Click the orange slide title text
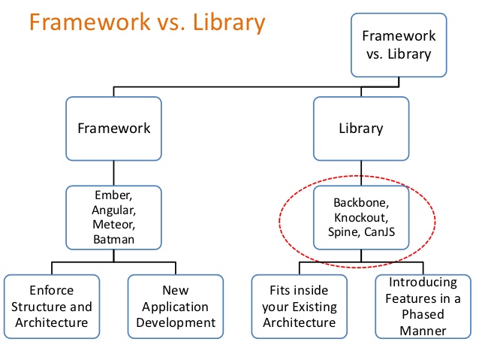[147, 23]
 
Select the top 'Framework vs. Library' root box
[399, 45]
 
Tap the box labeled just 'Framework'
[113, 129]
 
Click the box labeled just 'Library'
[361, 129]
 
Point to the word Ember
[113, 195]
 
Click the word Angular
[113, 210]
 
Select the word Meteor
[113, 225]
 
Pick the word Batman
[113, 239]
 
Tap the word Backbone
[361, 202]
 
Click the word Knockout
[361, 217]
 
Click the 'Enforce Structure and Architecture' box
[52, 307]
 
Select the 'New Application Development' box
[176, 307]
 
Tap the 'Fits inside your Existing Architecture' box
[299, 307]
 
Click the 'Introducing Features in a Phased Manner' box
[423, 307]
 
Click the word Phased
[423, 314]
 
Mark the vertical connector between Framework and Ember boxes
[113, 173]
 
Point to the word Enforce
[52, 290]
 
